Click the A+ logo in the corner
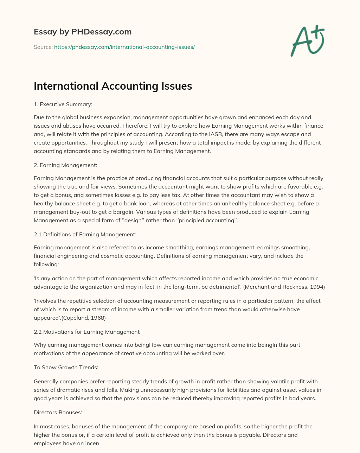coord(307,41)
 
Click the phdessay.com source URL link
coord(124,47)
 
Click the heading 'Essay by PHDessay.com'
coord(83,32)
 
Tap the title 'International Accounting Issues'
coord(113,86)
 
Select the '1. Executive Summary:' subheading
coord(63,104)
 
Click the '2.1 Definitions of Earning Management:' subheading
coord(85,234)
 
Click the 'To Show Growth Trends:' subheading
coord(66,367)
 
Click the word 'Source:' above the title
coord(43,47)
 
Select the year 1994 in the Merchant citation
coord(318,287)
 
